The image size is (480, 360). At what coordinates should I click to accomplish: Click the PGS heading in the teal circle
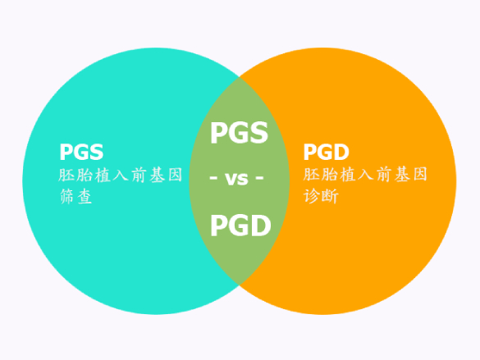coord(81,152)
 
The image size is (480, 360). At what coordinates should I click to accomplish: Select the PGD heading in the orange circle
coord(326,152)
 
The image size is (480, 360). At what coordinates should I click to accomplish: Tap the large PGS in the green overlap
coord(239,133)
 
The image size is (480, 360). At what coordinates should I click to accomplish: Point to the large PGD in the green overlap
coord(240,226)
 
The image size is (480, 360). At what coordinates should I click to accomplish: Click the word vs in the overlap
coord(236,179)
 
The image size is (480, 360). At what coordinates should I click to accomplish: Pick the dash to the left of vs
coord(213,177)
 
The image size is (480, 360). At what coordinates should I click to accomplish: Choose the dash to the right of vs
coord(259,177)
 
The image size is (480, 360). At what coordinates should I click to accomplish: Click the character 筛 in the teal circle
coord(67,196)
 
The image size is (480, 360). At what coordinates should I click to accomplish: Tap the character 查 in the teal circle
coord(85,196)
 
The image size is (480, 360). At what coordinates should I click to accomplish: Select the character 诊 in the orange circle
coord(312,196)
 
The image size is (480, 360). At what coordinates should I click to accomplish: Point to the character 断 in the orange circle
coord(330,196)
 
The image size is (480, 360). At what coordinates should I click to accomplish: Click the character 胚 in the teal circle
coord(66,175)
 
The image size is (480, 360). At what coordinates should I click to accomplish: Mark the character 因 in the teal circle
coord(175,175)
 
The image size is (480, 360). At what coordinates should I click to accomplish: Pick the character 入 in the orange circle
coord(365,175)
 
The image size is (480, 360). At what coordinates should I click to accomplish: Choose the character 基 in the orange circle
coord(402,175)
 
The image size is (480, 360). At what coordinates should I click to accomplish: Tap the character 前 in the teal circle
coord(139,175)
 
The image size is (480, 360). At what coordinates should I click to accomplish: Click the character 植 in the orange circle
coord(347,175)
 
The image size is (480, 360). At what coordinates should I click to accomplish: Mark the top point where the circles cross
coord(240,77)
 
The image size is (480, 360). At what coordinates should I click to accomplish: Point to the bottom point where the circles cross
coord(240,285)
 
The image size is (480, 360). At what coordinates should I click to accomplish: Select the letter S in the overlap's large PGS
coord(259,133)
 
